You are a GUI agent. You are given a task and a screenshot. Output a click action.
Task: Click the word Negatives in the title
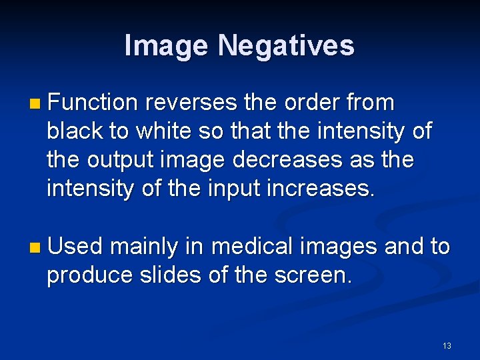tap(286, 46)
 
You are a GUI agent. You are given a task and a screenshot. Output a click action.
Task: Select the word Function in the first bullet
tap(93, 103)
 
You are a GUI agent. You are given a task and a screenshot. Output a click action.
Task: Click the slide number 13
tap(446, 345)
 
